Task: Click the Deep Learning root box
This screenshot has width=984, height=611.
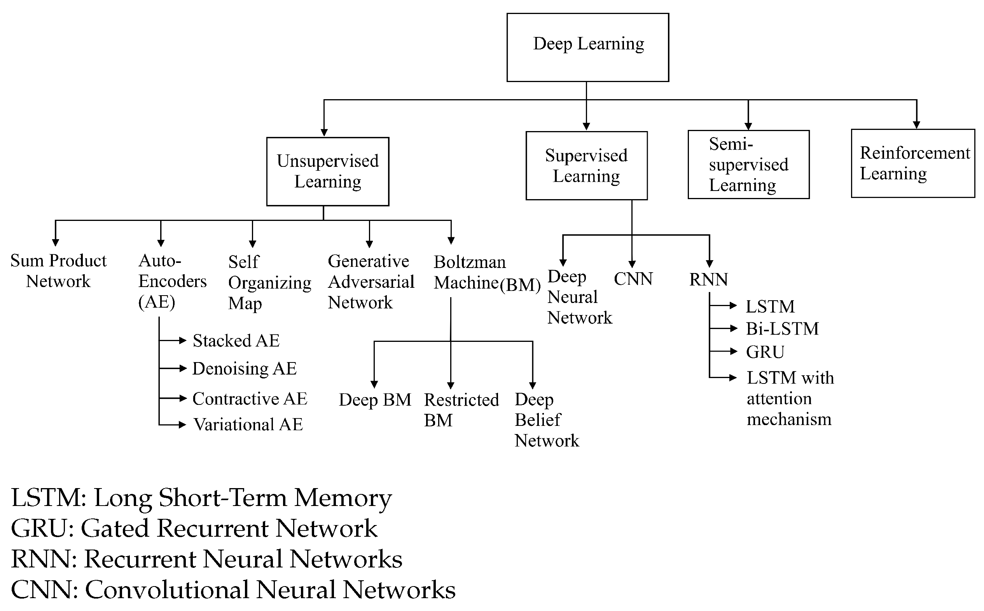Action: [588, 47]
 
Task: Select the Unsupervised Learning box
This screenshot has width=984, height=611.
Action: [328, 172]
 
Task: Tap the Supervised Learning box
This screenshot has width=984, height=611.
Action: [587, 166]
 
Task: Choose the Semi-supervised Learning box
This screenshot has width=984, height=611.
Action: [748, 165]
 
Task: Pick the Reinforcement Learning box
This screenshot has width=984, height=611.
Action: [913, 163]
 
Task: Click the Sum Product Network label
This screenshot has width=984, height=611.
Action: [58, 271]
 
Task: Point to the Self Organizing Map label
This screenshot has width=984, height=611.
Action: [269, 282]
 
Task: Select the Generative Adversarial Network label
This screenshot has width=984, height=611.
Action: [371, 282]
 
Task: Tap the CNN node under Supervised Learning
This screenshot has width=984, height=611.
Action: [633, 279]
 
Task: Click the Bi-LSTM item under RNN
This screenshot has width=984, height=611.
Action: [782, 329]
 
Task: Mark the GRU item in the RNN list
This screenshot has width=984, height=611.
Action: [765, 352]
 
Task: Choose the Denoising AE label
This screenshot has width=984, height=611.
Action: [245, 369]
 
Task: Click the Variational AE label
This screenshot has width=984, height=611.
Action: [248, 424]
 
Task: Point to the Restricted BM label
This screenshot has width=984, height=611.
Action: [461, 410]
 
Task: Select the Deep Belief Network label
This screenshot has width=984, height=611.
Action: [546, 420]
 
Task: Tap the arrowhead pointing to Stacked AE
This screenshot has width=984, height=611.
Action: [183, 340]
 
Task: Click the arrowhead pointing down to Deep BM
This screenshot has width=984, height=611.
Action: [374, 384]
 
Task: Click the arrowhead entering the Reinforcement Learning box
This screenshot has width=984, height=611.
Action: [916, 125]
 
